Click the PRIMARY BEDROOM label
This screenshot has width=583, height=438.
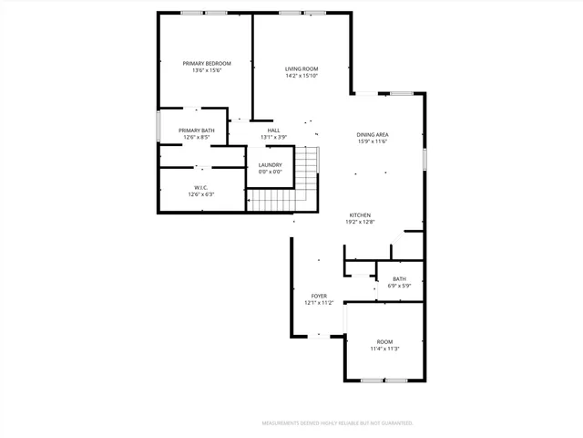click(206, 63)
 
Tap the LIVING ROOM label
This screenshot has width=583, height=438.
click(301, 68)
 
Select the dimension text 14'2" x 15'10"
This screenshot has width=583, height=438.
click(301, 76)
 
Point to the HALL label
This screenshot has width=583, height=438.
click(273, 130)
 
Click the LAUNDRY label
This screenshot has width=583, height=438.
click(271, 164)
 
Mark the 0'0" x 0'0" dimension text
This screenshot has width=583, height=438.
click(271, 172)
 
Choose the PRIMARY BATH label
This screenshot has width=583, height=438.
click(197, 130)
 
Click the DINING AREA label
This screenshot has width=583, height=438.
click(373, 134)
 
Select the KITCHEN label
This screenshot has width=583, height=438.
click(360, 214)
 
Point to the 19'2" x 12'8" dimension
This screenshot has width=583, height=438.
click(360, 222)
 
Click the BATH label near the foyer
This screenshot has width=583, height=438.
click(399, 278)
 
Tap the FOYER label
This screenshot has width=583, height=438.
click(319, 296)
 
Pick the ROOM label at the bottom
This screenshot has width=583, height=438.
click(384, 341)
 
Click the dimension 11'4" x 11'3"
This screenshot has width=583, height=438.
click(384, 349)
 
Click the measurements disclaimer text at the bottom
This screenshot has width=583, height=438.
click(338, 423)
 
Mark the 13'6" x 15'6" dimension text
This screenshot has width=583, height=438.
click(206, 70)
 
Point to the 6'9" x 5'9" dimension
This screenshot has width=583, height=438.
click(399, 286)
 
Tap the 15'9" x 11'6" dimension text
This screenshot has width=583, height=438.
click(373, 141)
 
